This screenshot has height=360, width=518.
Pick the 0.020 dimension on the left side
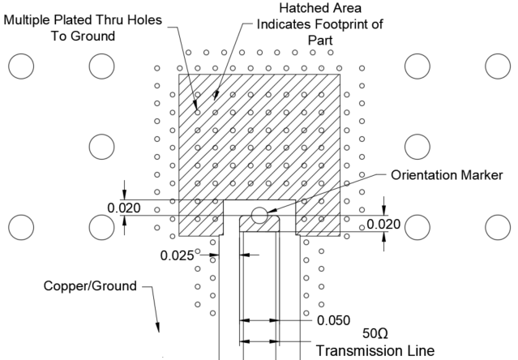[124, 208]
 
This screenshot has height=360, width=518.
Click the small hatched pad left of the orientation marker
[199, 218]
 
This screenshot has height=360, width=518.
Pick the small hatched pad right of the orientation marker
[319, 218]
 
